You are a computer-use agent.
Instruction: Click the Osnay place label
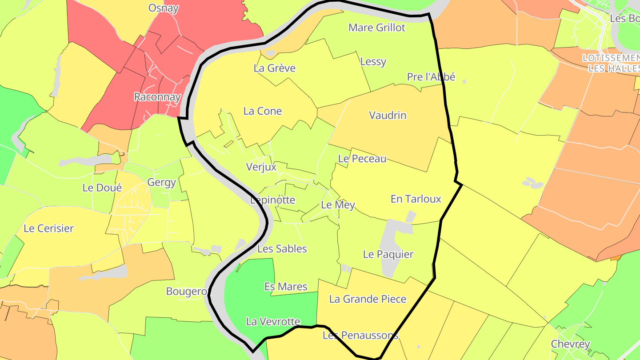tap(164, 8)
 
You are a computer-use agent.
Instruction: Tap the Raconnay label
tap(157, 97)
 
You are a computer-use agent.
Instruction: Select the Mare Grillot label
tap(377, 28)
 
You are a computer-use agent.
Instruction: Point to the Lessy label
tap(373, 62)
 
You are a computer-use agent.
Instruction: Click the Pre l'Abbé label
tap(431, 77)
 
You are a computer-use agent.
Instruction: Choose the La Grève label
tap(274, 68)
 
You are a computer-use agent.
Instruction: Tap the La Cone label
tap(262, 111)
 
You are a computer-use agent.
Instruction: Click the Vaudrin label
tap(388, 116)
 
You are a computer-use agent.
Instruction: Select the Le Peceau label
tap(362, 159)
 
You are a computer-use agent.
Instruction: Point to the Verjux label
tap(261, 167)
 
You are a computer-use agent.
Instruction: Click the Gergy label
tap(162, 182)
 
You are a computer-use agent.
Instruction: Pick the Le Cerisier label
tap(49, 228)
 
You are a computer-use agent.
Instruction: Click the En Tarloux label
tap(416, 199)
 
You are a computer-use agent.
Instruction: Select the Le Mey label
tap(338, 205)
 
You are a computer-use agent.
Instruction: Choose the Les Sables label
tap(282, 249)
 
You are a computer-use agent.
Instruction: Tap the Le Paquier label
tap(388, 255)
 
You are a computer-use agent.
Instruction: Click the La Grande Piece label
tap(368, 299)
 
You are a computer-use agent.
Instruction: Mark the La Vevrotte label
tap(273, 322)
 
